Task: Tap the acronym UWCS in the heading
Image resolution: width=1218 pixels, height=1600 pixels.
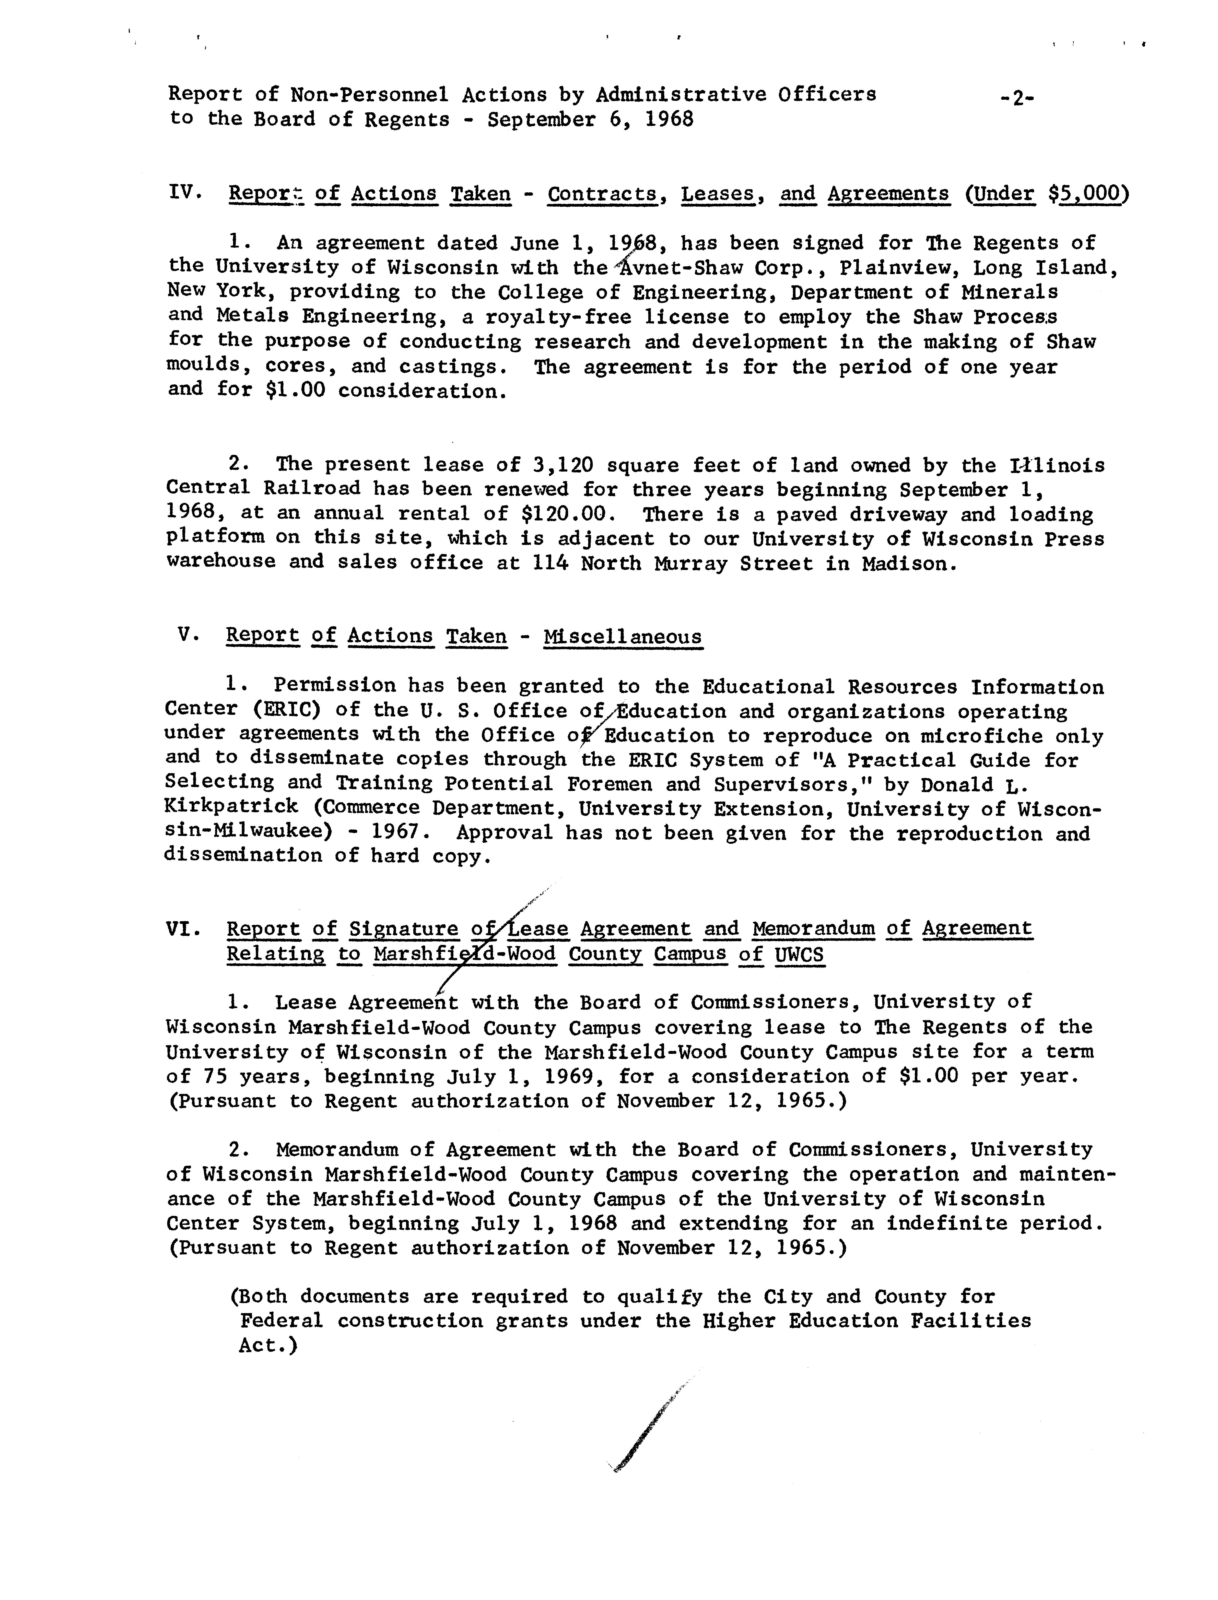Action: coord(799,954)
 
